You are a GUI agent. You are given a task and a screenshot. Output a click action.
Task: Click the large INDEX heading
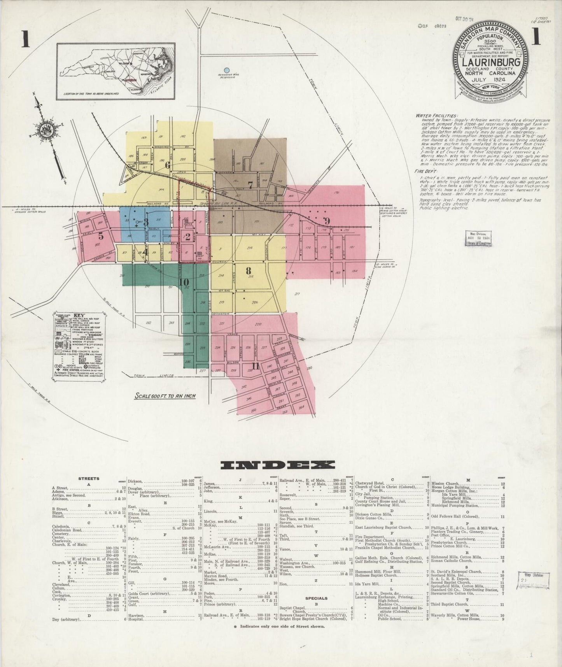tap(278, 465)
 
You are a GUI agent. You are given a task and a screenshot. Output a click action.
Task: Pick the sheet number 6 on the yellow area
tap(168, 165)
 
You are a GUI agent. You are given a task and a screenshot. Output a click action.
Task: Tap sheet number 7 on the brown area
tap(251, 186)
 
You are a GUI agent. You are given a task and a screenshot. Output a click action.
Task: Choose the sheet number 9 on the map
tap(326, 221)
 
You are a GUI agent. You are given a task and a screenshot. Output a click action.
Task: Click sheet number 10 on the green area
tap(184, 282)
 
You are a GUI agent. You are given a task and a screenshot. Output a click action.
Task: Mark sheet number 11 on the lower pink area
tap(255, 365)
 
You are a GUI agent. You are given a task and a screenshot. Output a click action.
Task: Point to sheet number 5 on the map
tap(101, 235)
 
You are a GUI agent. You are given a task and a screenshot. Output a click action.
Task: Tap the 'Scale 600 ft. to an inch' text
tap(165, 396)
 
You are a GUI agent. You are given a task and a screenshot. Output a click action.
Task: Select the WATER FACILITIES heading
tap(437, 116)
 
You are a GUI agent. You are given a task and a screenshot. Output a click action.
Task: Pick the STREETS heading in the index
tap(89, 478)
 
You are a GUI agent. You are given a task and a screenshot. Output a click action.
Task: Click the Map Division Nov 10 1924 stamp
tap(478, 238)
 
